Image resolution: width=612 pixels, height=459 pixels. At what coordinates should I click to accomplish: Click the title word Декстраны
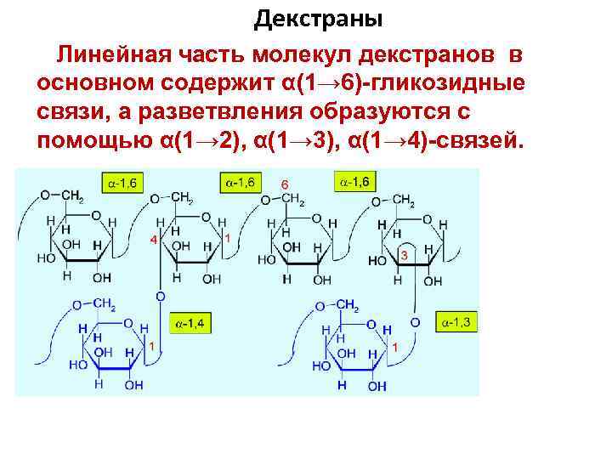(319, 18)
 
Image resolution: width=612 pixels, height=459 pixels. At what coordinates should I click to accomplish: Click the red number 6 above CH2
(285, 184)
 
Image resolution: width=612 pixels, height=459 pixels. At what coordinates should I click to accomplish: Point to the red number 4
(153, 240)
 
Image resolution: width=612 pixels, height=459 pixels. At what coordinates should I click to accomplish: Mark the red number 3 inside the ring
(403, 255)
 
